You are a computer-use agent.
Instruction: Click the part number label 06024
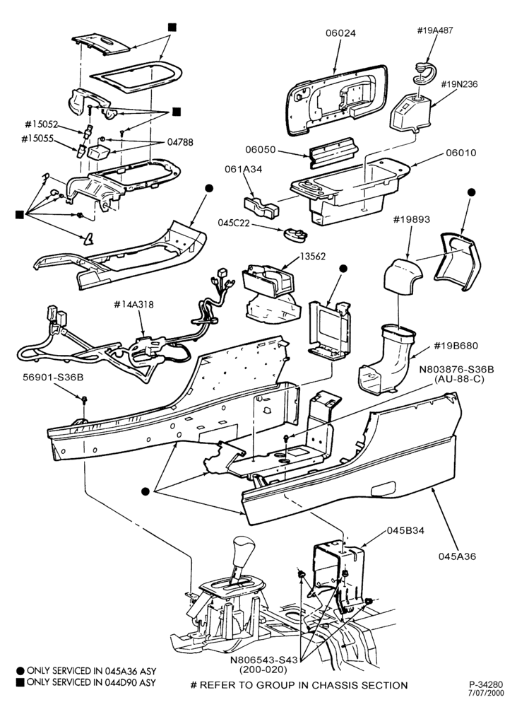click(341, 33)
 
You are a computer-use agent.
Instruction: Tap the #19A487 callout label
click(435, 30)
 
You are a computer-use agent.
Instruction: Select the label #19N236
click(459, 84)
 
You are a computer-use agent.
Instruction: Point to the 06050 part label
click(261, 150)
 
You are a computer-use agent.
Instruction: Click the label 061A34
click(243, 169)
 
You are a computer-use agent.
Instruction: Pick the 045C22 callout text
click(234, 223)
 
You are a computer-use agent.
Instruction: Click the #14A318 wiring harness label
click(133, 305)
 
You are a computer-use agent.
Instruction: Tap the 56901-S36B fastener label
click(53, 378)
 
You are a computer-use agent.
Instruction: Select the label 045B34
click(405, 530)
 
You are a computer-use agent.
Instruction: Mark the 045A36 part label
click(457, 556)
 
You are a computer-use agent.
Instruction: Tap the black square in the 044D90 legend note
click(19, 682)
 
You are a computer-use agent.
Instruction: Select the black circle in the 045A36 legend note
click(20, 671)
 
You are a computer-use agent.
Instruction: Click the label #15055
click(37, 139)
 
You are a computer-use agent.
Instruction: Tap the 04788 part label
click(180, 143)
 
